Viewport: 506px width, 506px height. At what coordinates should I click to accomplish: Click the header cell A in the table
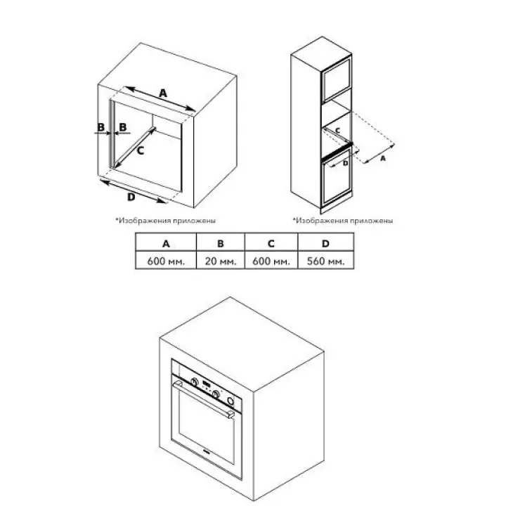tap(166, 242)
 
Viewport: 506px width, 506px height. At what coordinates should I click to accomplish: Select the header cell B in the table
tap(221, 242)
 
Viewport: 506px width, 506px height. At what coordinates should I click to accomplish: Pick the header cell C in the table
tap(271, 242)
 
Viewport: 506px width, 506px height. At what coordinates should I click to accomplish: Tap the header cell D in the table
tap(325, 242)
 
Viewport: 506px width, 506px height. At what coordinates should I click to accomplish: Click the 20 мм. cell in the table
tap(221, 260)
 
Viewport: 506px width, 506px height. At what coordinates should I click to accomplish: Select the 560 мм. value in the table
tap(325, 260)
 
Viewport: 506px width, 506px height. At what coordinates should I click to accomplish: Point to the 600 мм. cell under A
tap(166, 260)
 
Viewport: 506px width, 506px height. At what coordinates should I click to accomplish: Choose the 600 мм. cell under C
tap(271, 260)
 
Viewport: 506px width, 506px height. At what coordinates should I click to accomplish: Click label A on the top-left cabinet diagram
tap(163, 93)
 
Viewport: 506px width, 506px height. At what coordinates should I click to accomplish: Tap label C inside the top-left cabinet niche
tap(141, 150)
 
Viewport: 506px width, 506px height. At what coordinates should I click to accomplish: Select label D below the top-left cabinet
tap(131, 197)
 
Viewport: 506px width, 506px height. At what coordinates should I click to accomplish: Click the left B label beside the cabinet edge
tap(101, 126)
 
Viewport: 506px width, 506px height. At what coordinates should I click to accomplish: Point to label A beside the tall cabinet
tap(383, 158)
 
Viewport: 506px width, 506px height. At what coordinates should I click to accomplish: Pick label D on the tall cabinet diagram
tap(345, 163)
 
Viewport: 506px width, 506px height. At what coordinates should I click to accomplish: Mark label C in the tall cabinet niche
tap(337, 131)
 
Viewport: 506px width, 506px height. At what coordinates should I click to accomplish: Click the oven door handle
tap(204, 398)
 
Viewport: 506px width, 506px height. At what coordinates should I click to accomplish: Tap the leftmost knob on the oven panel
tap(194, 382)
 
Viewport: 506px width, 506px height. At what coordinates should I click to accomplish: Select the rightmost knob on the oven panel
tap(230, 401)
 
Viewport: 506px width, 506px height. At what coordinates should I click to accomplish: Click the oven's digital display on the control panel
tap(207, 384)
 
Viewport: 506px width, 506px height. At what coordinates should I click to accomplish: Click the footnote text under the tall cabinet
tap(343, 221)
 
